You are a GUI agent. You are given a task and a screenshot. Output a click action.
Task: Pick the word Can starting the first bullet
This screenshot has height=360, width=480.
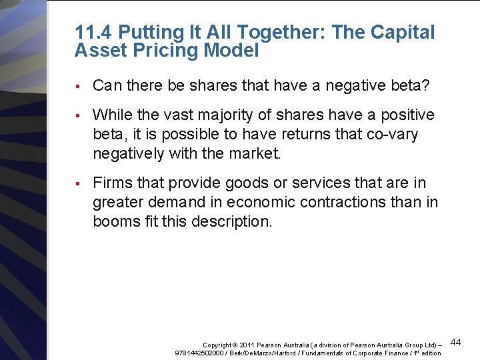point(106,85)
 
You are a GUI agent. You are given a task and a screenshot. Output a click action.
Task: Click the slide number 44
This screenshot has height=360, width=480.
point(457,342)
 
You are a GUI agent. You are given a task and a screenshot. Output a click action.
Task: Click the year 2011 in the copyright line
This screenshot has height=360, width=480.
point(247,344)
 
